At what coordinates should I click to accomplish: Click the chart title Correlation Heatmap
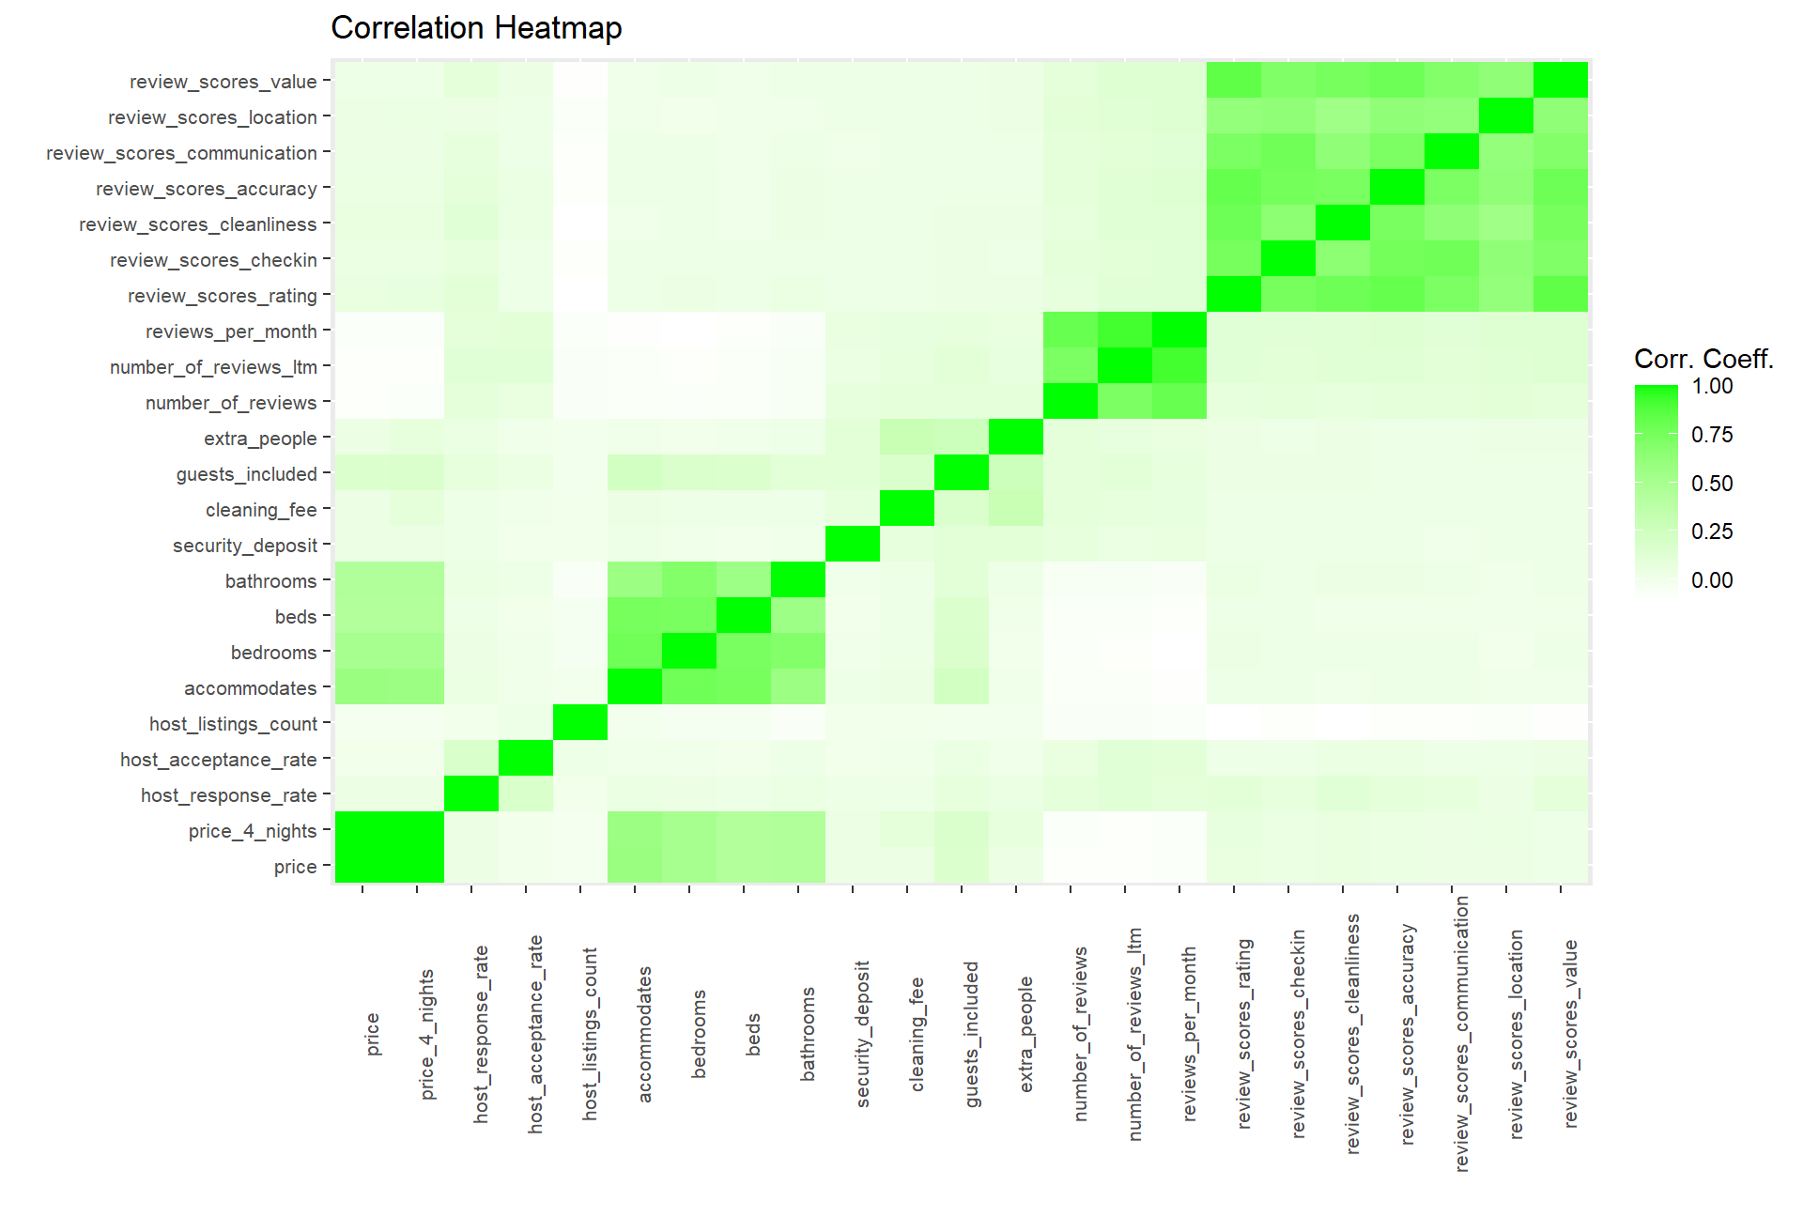(476, 28)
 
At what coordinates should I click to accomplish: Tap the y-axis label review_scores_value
(223, 82)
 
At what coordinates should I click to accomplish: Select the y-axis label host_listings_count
(233, 724)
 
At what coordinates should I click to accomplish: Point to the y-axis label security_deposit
(245, 546)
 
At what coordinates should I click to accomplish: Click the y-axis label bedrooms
(273, 653)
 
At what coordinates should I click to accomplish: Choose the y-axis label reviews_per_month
(231, 331)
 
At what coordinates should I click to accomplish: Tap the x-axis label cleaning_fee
(917, 1034)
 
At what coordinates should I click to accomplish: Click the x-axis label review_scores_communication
(1462, 1033)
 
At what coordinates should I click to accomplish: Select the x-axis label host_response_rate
(482, 1034)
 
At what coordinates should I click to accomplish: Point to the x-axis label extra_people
(1026, 1034)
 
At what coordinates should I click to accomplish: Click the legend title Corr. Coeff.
(1703, 359)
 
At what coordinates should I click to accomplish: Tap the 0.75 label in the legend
(1712, 435)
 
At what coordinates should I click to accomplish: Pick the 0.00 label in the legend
(1712, 580)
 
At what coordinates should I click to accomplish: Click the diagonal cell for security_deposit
(853, 545)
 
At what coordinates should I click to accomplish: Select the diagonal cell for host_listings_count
(580, 723)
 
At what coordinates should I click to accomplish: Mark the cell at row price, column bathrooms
(798, 866)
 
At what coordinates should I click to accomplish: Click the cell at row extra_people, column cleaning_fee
(907, 438)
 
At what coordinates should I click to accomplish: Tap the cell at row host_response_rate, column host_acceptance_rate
(526, 794)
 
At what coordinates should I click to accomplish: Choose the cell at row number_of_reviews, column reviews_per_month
(1179, 402)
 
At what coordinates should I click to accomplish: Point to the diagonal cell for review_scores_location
(1506, 116)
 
